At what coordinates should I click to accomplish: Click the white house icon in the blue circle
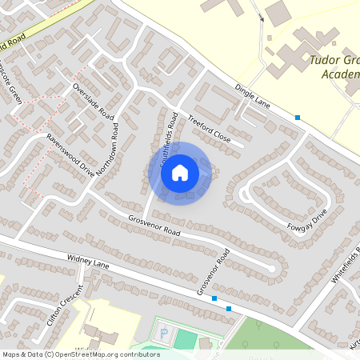click(180, 172)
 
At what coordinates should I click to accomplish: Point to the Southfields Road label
click(169, 138)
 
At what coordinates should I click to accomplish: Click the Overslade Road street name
click(94, 101)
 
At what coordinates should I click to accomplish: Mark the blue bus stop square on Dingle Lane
click(298, 118)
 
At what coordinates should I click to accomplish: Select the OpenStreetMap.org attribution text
click(105, 354)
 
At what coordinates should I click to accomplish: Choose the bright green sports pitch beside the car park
click(186, 339)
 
